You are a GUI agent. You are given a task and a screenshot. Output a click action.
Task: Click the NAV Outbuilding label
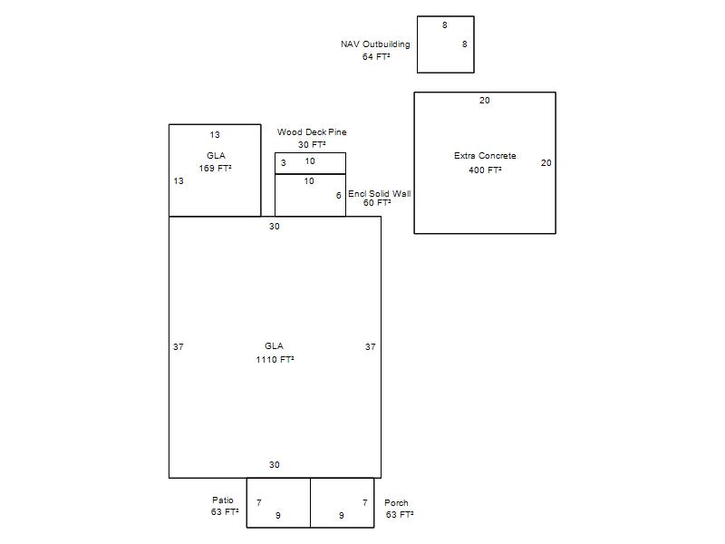[375, 44]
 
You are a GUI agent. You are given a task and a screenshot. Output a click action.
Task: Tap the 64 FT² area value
[376, 57]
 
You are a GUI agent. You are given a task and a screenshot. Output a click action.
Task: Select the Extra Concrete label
[485, 156]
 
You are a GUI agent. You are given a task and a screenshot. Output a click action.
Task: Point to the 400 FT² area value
[485, 170]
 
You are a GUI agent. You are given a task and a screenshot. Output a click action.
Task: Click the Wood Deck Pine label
[312, 132]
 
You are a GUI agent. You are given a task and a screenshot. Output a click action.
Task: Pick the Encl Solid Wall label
[380, 194]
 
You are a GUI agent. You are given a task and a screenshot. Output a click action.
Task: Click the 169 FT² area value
[216, 169]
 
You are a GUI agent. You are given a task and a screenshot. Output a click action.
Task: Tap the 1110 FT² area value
[275, 360]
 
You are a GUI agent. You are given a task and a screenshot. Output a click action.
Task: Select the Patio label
[223, 500]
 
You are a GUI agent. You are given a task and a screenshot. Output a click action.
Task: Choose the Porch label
[396, 503]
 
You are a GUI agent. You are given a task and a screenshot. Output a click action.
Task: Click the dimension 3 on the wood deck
[284, 163]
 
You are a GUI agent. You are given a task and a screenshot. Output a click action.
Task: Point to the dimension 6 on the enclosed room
[338, 196]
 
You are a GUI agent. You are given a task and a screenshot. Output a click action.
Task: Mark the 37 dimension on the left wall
[178, 347]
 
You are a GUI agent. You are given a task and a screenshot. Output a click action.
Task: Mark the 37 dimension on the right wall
[371, 347]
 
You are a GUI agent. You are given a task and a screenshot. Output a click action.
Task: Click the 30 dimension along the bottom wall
[275, 465]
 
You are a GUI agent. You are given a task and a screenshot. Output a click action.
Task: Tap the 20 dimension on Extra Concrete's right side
[546, 163]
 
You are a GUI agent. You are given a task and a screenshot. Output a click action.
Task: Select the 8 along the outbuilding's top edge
[445, 25]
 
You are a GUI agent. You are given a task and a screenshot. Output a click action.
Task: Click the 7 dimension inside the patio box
[259, 502]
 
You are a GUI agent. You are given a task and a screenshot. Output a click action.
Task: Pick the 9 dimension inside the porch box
[342, 515]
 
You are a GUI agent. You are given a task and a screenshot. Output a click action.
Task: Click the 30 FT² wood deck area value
[312, 145]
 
